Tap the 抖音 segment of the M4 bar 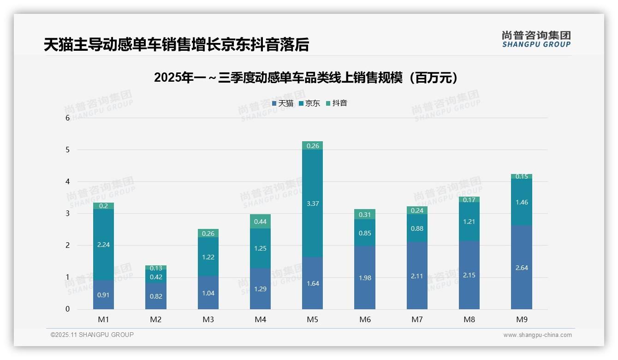260,222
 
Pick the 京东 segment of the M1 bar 103,245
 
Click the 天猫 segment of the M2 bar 156,296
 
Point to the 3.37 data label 312,204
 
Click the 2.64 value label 521,268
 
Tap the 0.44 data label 260,222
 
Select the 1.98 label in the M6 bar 364,278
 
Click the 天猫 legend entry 283,103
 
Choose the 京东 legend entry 309,103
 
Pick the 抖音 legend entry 337,103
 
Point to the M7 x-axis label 417,319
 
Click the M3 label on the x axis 208,319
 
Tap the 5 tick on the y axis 67,150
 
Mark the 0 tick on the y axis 67,309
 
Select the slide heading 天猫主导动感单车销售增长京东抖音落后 176,45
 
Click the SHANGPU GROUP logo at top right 536,39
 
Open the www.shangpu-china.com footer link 537,335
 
